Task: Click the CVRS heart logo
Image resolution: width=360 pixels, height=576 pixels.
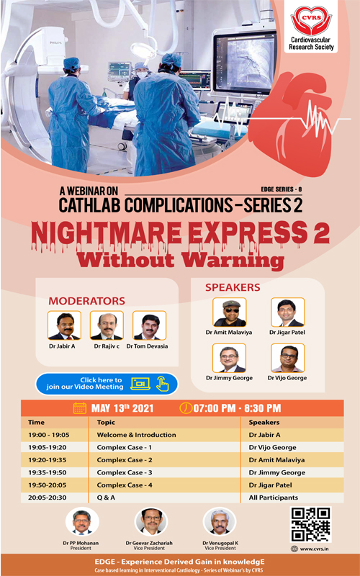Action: pos(311,21)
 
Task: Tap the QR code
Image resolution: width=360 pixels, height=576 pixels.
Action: pos(310,525)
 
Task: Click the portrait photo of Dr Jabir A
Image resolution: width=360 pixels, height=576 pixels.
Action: pos(64,325)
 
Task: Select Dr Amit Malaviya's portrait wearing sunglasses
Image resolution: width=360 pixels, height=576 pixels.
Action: pos(230,312)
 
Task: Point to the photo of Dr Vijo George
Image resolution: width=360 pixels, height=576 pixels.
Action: pos(287,358)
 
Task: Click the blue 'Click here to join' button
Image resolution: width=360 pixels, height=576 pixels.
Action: pos(107,384)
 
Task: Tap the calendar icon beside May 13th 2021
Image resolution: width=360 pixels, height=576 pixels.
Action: pos(80,408)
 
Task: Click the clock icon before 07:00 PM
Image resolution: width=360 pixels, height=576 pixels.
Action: pos(186,408)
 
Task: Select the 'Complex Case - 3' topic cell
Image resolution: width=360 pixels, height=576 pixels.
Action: pos(125,472)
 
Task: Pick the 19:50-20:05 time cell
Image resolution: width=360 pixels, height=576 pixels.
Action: pos(48,485)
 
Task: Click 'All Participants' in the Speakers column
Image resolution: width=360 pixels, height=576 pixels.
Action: pos(274,498)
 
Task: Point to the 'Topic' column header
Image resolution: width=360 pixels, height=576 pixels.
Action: pos(106,423)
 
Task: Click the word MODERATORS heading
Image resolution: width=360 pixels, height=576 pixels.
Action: pos(86,301)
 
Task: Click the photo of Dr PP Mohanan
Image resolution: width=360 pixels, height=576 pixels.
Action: pos(82,522)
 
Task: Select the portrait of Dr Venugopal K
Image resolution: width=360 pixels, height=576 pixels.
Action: pos(220,522)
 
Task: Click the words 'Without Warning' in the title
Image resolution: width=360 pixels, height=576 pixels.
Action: pos(180,259)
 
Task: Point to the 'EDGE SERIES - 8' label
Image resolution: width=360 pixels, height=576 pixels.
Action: pos(282,189)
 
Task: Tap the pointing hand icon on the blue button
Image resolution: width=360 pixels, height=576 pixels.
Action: pos(162,384)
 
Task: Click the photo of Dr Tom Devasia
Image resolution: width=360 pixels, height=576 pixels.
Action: pos(150,325)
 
